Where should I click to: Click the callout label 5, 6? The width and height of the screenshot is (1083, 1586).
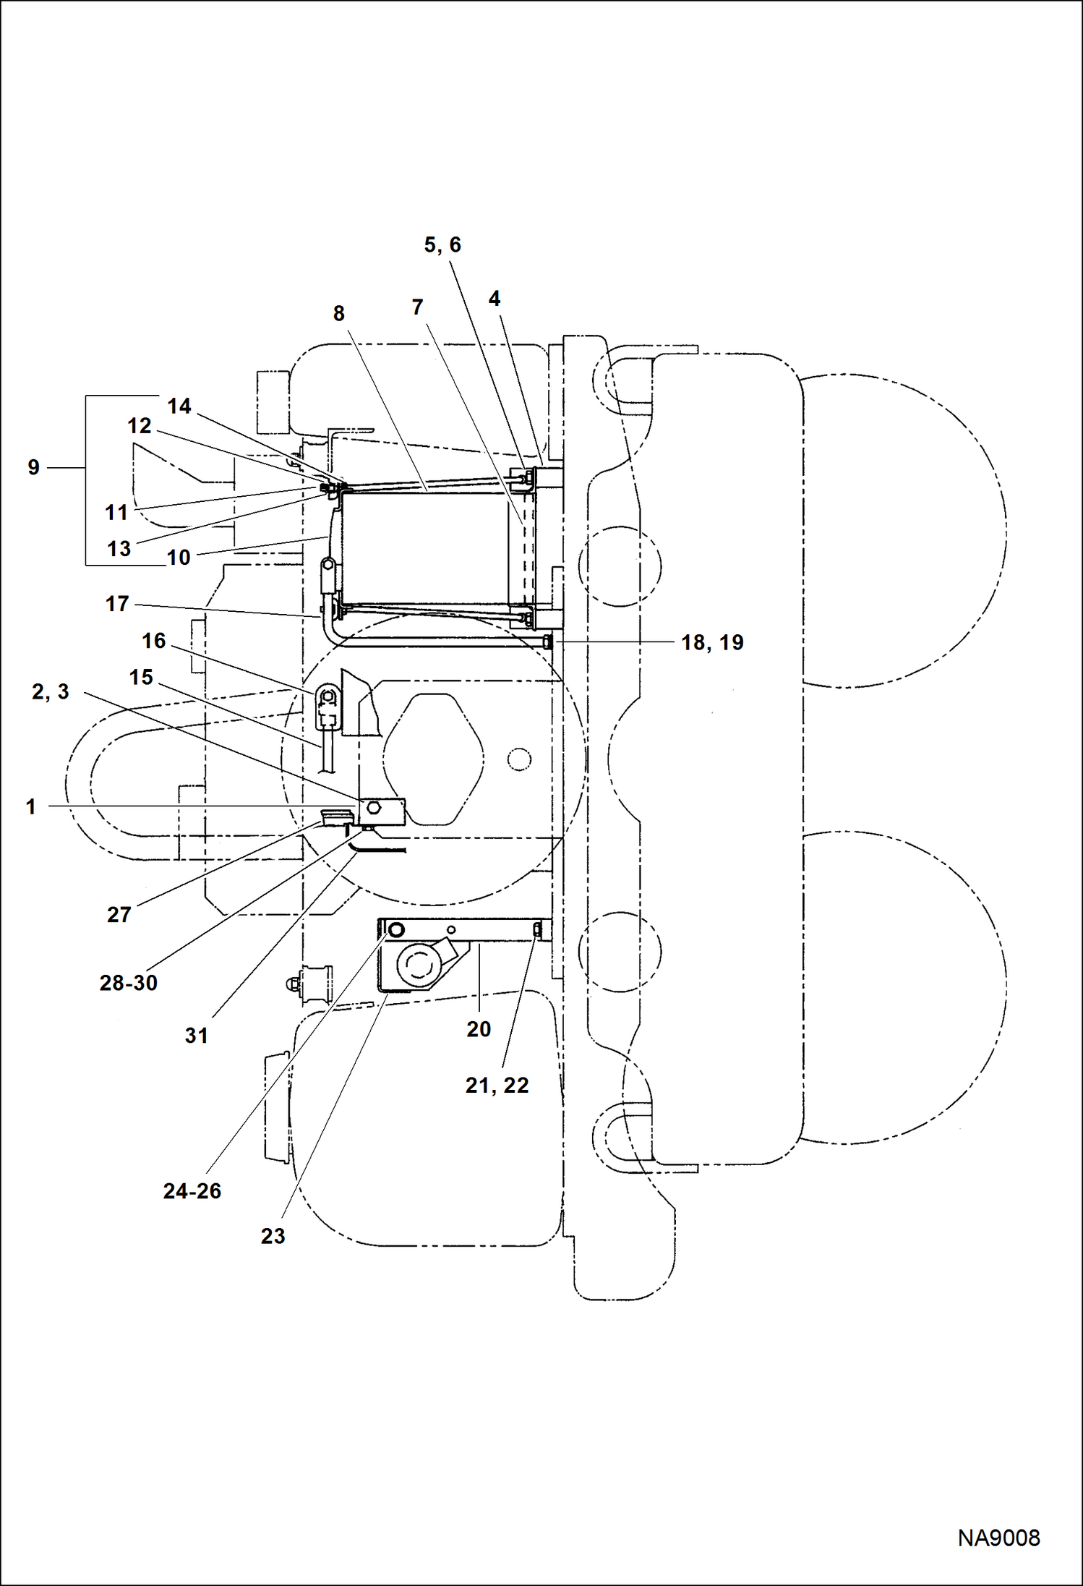pos(442,245)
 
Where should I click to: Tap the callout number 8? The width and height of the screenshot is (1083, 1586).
pos(338,314)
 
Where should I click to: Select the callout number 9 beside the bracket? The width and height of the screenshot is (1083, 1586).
pos(33,467)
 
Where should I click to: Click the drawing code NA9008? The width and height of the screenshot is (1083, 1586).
pos(998,1538)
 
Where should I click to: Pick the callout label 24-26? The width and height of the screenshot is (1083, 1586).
pos(192,1191)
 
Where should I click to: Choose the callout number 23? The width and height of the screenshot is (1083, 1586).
pos(273,1236)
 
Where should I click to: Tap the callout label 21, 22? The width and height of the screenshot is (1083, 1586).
pos(497,1085)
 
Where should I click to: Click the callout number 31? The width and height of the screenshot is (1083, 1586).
pos(196,1036)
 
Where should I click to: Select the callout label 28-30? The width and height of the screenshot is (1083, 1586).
pos(128,983)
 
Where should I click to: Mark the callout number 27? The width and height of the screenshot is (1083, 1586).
pos(119,915)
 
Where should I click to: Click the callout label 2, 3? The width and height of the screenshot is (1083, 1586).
pos(50,691)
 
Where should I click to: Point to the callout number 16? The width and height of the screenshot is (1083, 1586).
pos(153,641)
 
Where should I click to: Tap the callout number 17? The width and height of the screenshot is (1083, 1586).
pos(116,604)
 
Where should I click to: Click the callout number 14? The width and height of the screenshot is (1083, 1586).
pos(179,406)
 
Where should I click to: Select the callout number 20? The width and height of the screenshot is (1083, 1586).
pos(478,1029)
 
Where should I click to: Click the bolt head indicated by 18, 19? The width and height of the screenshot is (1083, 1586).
pos(547,641)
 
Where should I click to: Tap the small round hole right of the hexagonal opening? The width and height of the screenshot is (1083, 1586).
pos(519,759)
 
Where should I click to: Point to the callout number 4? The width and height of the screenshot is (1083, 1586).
pos(494,299)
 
